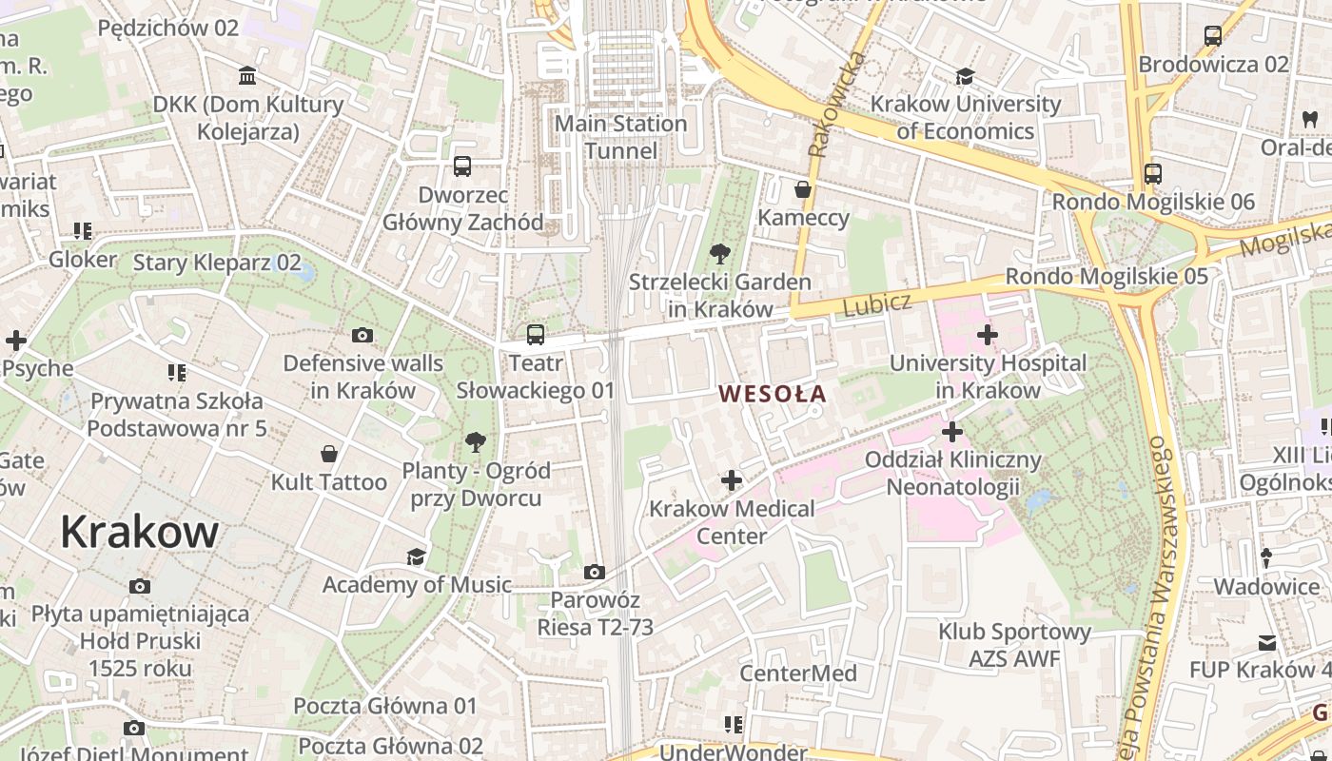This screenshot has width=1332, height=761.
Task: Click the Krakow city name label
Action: (x=139, y=532)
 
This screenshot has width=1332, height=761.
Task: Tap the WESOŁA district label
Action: (x=773, y=393)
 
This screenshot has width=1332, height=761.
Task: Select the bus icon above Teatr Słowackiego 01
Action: (x=536, y=335)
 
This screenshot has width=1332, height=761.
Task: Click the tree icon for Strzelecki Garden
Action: (x=720, y=254)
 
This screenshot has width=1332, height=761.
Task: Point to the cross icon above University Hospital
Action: (x=988, y=335)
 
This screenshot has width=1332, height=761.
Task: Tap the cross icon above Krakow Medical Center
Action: (x=731, y=480)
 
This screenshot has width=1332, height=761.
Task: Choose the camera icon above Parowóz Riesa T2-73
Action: (x=595, y=572)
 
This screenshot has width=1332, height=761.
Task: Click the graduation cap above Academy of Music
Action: (x=416, y=556)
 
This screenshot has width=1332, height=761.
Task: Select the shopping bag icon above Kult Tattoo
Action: (x=329, y=454)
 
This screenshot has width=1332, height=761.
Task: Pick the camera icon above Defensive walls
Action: (x=362, y=335)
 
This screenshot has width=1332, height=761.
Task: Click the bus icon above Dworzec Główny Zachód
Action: (x=462, y=166)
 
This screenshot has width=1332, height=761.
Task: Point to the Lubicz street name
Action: (x=876, y=305)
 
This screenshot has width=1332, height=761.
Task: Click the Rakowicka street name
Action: (x=836, y=104)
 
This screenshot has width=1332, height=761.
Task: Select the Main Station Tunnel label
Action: (x=620, y=137)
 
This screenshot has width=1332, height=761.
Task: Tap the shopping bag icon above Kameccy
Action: (x=803, y=189)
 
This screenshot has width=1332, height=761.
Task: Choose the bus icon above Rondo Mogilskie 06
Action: (x=1153, y=174)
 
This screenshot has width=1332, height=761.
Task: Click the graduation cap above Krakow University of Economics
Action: (x=966, y=76)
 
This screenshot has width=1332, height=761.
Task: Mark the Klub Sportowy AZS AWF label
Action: (x=1014, y=645)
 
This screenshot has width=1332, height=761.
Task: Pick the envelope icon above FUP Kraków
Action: (x=1266, y=643)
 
